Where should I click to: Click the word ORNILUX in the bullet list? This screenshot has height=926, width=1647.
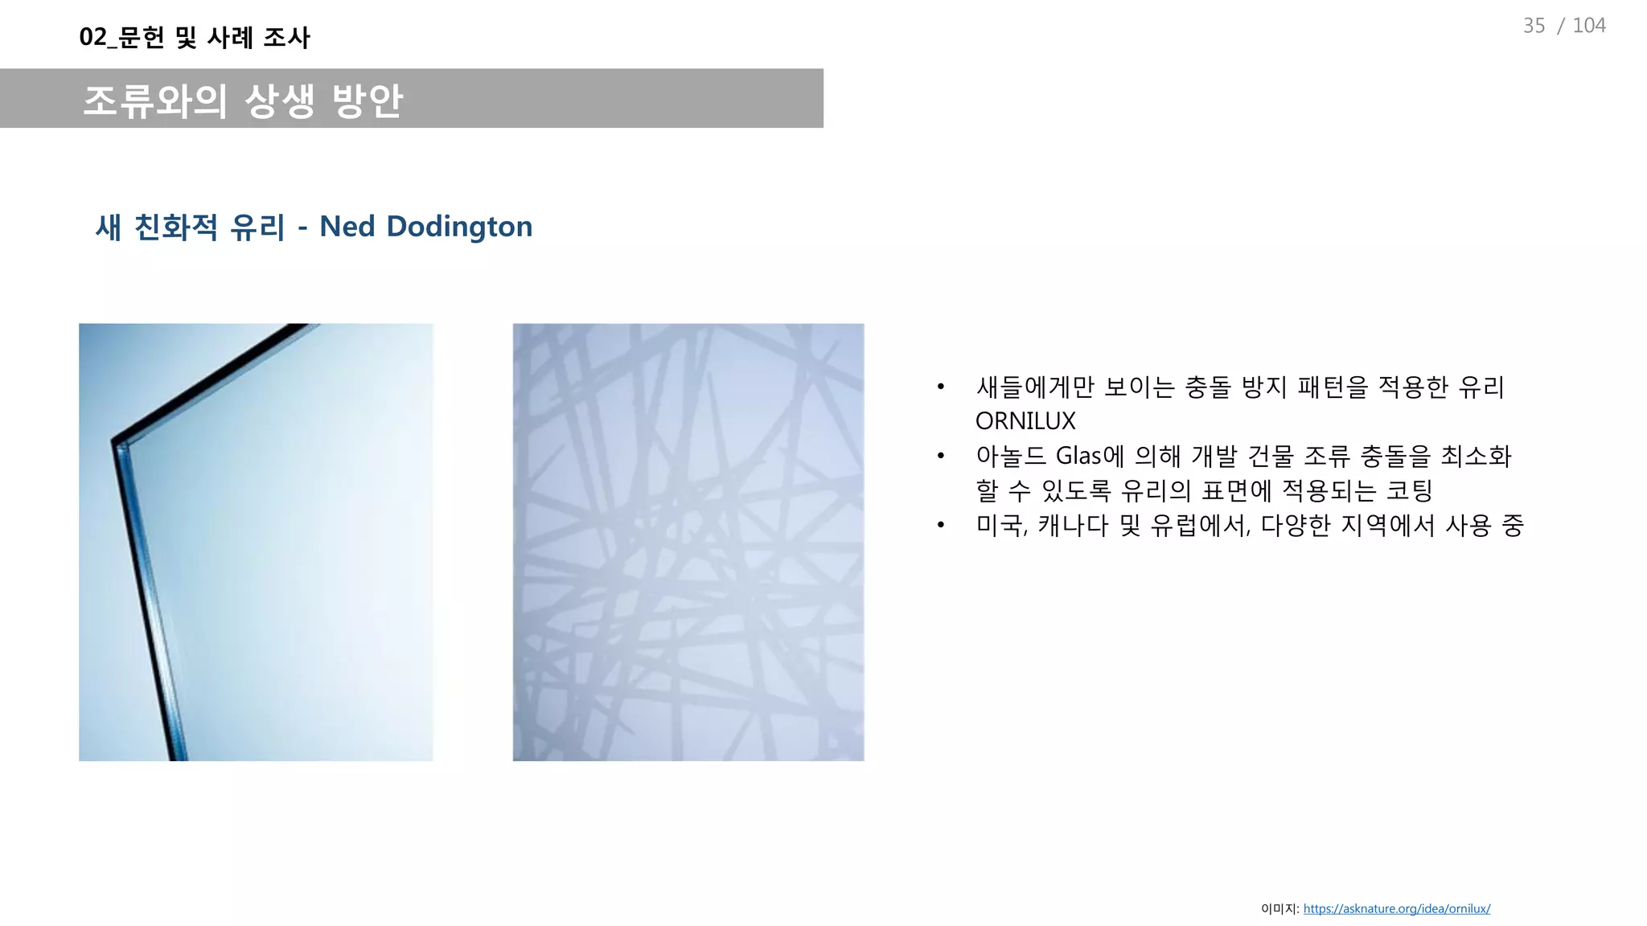pyautogui.click(x=1025, y=421)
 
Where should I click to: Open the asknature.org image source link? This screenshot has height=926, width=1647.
pyautogui.click(x=1396, y=909)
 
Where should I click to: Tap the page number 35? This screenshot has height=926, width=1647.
pyautogui.click(x=1534, y=26)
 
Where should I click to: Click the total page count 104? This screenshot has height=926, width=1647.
pyautogui.click(x=1588, y=26)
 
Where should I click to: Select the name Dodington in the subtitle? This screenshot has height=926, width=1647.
pyautogui.click(x=459, y=227)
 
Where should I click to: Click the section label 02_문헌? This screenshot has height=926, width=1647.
pyautogui.click(x=121, y=37)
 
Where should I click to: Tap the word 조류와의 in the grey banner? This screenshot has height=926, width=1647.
pyautogui.click(x=155, y=100)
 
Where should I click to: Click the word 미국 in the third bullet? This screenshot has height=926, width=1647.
pyautogui.click(x=1000, y=526)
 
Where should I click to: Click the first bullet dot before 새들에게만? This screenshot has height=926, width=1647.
pyautogui.click(x=940, y=387)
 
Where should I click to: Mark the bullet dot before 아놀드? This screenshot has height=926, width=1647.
pyautogui.click(x=940, y=457)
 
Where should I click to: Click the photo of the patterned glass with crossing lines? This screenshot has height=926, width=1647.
pyautogui.click(x=688, y=542)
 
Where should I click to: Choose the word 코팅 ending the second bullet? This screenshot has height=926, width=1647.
pyautogui.click(x=1410, y=490)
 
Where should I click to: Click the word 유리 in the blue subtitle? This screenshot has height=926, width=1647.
pyautogui.click(x=257, y=227)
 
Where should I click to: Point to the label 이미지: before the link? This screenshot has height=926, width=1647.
pyautogui.click(x=1279, y=909)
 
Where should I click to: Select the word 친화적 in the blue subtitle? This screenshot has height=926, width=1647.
pyautogui.click(x=175, y=227)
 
